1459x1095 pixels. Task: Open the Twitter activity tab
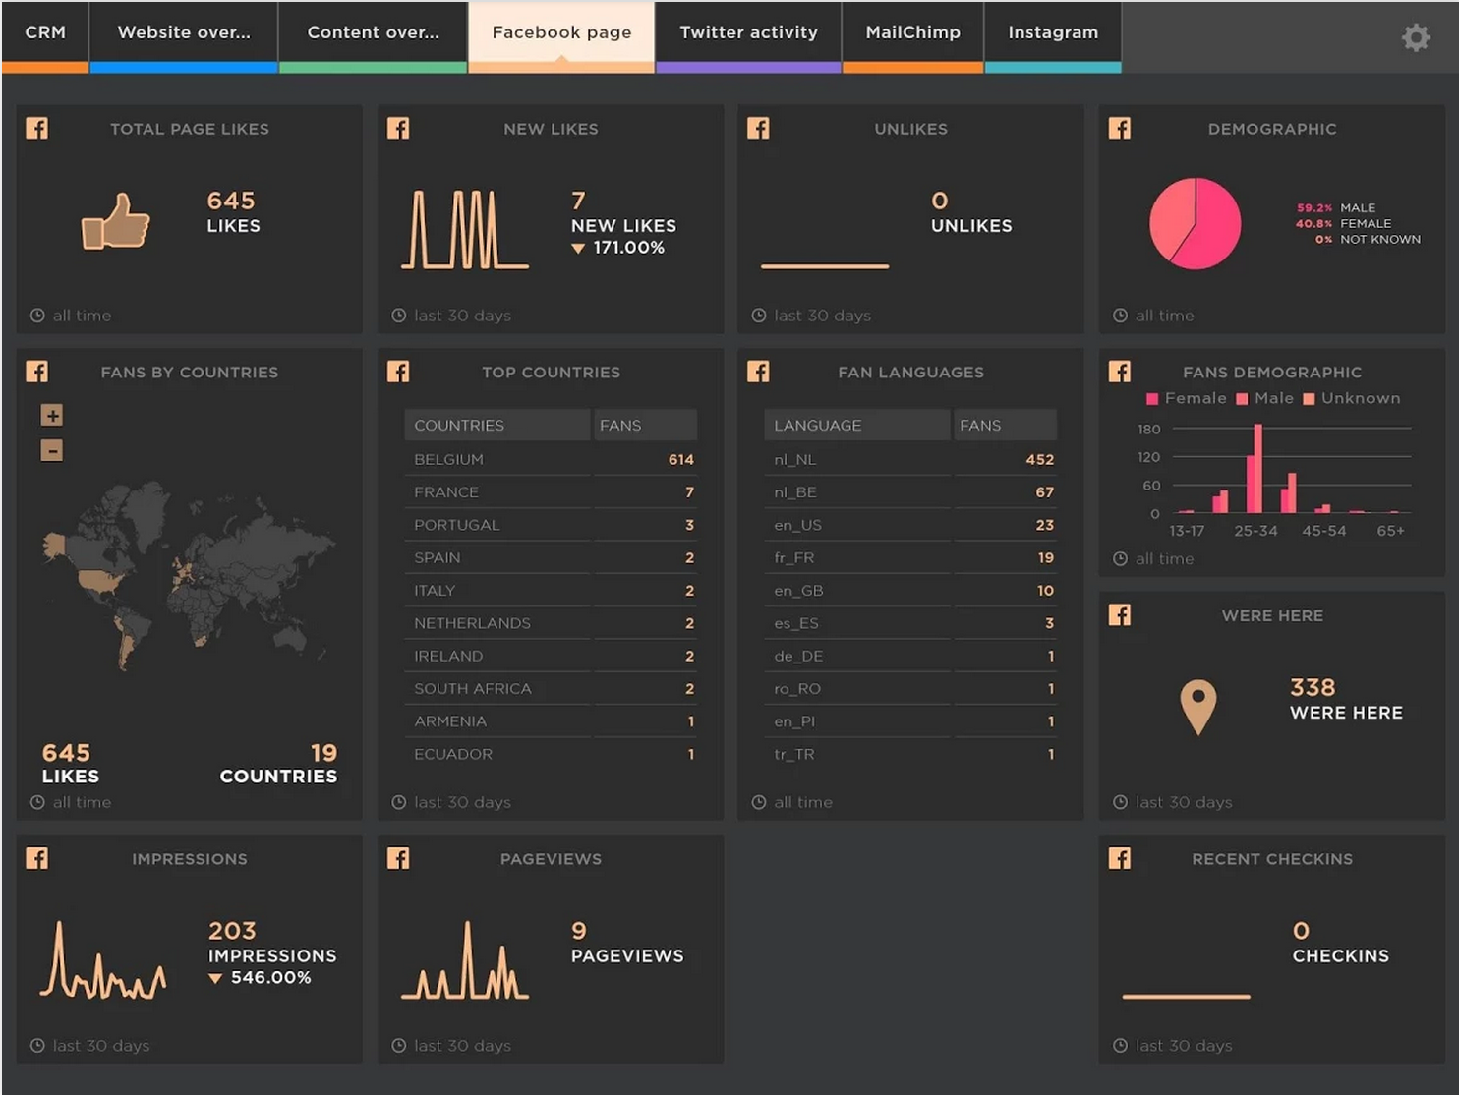coord(748,32)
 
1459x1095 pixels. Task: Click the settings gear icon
coord(1416,37)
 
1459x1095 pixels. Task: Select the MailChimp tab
coord(912,32)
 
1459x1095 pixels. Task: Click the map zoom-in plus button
coord(52,415)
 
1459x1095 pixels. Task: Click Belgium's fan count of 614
coord(680,459)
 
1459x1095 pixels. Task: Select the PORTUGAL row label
coord(456,525)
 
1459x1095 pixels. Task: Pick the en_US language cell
coord(797,525)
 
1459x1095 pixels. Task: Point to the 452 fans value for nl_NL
coord(1039,459)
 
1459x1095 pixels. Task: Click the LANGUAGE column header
coord(817,425)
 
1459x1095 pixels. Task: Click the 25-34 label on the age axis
coord(1255,531)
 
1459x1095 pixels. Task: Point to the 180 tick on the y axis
coord(1148,430)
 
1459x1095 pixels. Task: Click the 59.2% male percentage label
coord(1314,208)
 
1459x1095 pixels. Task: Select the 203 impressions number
coord(232,930)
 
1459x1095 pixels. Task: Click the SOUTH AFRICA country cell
coord(472,688)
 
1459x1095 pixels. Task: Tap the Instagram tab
coord(1052,32)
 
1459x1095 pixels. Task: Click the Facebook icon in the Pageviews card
coord(398,858)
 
